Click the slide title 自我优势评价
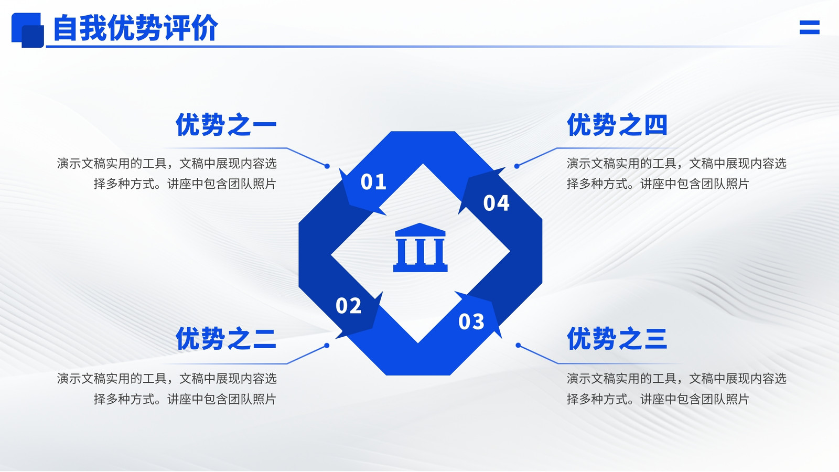click(135, 28)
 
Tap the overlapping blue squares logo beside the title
click(28, 30)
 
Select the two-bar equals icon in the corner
click(810, 27)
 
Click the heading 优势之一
click(226, 124)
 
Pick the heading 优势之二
click(226, 338)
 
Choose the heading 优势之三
click(617, 338)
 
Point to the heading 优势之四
click(617, 124)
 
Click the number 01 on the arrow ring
click(373, 181)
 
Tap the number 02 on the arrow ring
click(348, 305)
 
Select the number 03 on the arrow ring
click(471, 321)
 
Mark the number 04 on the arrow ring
click(496, 202)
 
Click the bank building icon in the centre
click(420, 248)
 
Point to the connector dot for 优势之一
click(327, 166)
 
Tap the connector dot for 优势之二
click(327, 346)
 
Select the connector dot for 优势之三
click(519, 346)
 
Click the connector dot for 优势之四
click(517, 166)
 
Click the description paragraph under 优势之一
click(167, 174)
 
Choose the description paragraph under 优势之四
click(676, 174)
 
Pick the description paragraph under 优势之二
click(167, 389)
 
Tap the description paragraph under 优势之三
click(676, 389)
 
